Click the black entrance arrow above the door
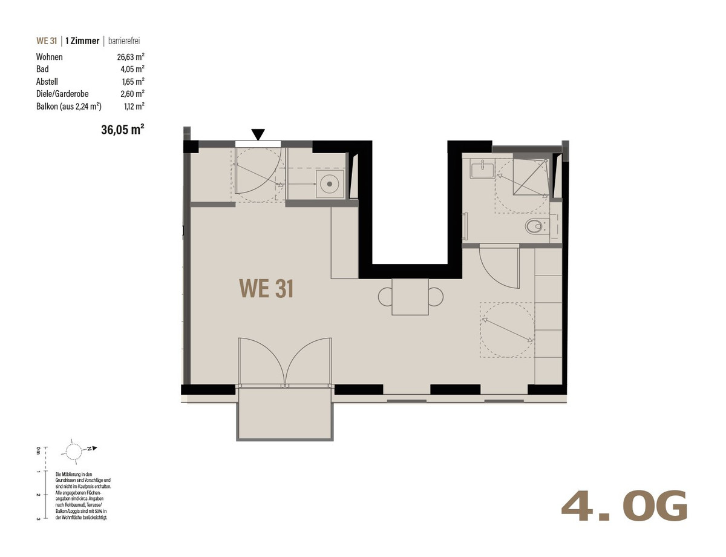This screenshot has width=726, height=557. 258,134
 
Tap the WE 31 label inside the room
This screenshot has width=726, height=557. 266,289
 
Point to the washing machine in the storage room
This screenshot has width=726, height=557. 330,183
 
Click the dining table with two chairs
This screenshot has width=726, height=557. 411,297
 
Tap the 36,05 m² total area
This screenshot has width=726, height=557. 123,130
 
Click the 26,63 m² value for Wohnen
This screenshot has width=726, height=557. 131,57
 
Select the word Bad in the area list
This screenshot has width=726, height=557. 42,69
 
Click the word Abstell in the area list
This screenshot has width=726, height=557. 47,82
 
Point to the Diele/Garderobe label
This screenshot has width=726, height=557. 62,94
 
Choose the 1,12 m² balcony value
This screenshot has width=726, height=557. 134,107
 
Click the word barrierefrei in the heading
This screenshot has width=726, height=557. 124,41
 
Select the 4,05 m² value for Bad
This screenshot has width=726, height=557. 132,69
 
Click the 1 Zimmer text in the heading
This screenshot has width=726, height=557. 82,41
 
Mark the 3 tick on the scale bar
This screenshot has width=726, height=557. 44,518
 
